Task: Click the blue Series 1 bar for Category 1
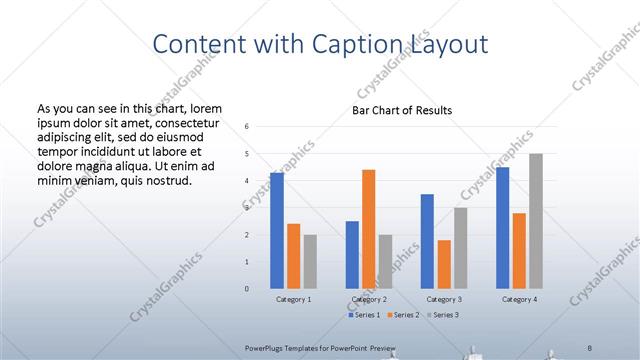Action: tap(277, 230)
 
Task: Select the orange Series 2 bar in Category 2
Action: tap(368, 229)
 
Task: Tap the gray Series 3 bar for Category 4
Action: tap(536, 221)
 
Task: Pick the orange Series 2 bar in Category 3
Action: tap(444, 264)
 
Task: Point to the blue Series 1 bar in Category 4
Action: tap(502, 228)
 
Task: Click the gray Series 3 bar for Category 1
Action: tap(310, 261)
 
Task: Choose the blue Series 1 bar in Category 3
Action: tap(427, 241)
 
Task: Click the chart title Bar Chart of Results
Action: tap(402, 110)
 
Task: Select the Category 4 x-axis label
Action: tap(519, 299)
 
